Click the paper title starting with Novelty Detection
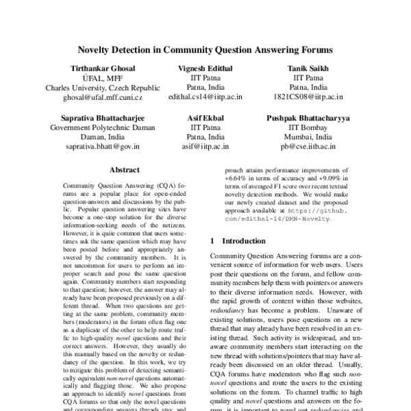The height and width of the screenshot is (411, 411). (206, 50)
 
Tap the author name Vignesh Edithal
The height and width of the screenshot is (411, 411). (205, 69)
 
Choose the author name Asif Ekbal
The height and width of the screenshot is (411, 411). (205, 118)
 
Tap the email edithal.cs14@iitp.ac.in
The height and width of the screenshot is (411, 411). (205, 98)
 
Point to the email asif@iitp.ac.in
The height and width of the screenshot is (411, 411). (205, 147)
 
